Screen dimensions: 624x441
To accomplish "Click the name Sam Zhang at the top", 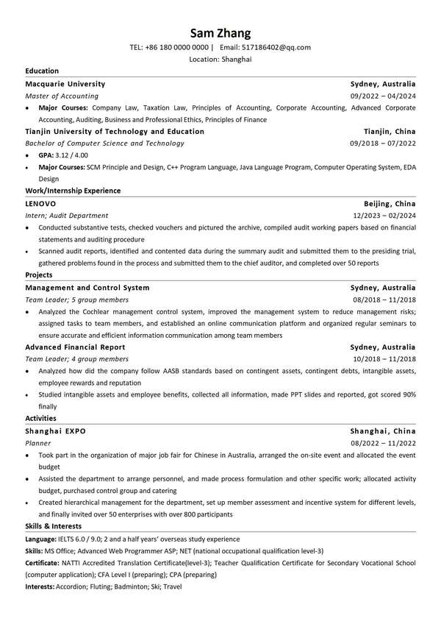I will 220,32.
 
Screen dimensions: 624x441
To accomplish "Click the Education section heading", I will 42,71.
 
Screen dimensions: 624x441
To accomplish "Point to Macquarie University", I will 65,84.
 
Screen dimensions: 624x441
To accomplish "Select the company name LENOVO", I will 40,204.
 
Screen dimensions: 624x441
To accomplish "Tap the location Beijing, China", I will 389,204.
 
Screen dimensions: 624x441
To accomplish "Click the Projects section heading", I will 39,274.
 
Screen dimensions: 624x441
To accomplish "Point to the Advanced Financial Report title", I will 75,347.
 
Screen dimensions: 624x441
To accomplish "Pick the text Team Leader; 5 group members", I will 76,299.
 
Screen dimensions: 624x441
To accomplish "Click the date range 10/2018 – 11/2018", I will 384,358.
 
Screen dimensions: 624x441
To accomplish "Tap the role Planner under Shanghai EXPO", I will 38,443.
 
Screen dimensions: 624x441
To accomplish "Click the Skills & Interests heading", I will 53,526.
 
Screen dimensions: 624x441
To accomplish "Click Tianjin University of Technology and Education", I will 115,131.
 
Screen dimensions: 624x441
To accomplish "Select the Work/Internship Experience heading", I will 73,191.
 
